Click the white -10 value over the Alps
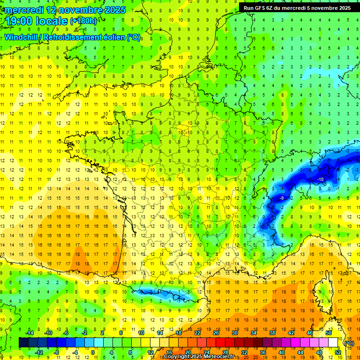[x=321, y=180]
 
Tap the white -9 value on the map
[x=282, y=198]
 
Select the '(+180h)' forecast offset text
[x=83, y=21]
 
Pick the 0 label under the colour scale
[x=93, y=352]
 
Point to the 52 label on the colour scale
[x=337, y=352]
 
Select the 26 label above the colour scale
[x=216, y=332]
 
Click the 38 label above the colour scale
[x=272, y=332]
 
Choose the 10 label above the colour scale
[x=141, y=332]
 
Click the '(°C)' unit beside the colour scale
[x=349, y=343]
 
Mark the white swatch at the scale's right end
[x=333, y=343]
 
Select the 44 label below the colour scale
[x=300, y=352]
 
